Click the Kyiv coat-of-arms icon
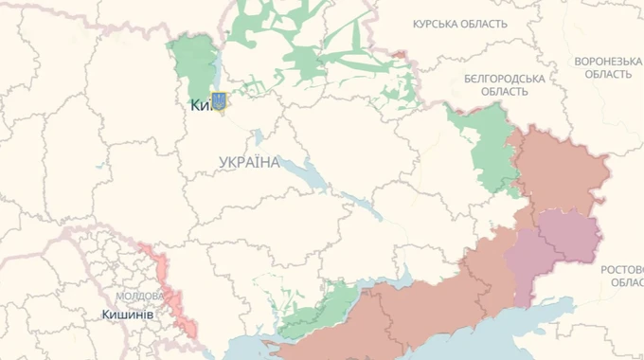click(219, 101)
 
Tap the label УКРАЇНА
click(249, 163)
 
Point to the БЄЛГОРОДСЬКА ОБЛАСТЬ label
click(504, 85)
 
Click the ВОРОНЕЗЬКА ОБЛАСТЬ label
click(608, 67)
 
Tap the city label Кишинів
click(128, 314)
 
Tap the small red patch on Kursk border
click(402, 57)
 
